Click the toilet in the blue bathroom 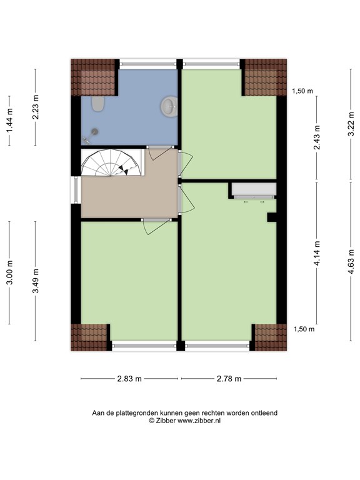(98, 104)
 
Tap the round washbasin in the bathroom (169, 106)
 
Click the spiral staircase (112, 162)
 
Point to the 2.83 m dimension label (129, 379)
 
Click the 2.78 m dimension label (229, 379)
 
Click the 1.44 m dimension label (9, 121)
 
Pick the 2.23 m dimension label (36, 107)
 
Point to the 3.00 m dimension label (9, 272)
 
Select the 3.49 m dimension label (36, 281)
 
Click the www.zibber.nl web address (199, 421)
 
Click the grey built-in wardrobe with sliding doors (254, 191)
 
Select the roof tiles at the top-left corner (93, 77)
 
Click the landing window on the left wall (76, 190)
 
